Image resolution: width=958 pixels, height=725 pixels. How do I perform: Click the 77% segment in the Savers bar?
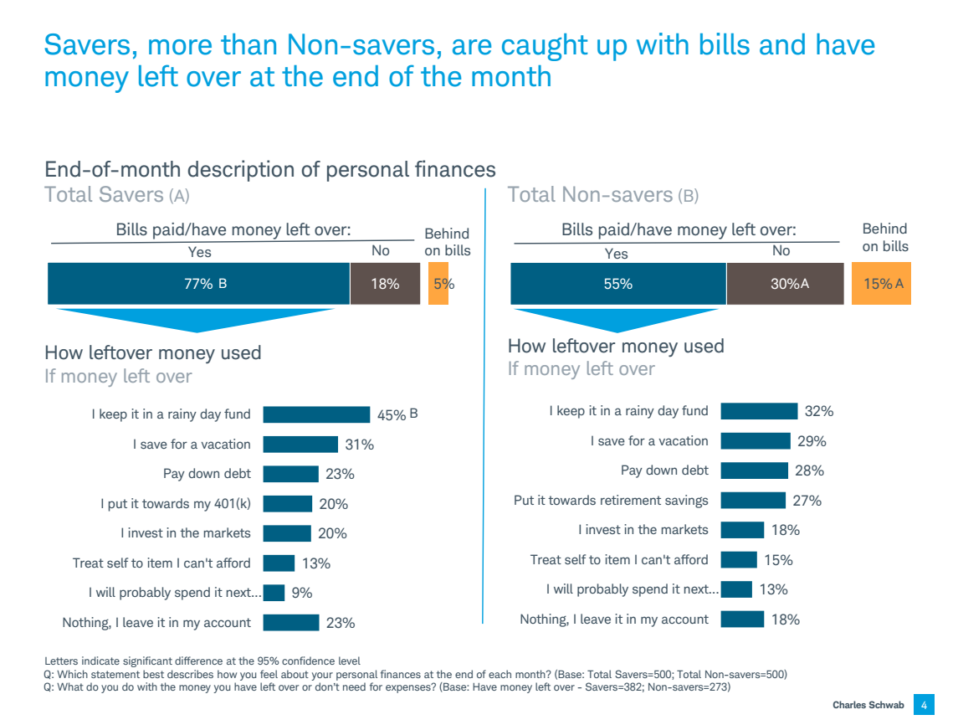pyautogui.click(x=198, y=284)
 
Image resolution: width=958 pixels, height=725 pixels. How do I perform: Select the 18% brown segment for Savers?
pyautogui.click(x=385, y=284)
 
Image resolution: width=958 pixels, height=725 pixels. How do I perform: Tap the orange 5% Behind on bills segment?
pyautogui.click(x=438, y=284)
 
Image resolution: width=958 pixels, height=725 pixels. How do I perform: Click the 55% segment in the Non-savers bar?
pyautogui.click(x=617, y=284)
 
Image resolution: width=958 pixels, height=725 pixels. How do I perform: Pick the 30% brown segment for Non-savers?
pyautogui.click(x=783, y=284)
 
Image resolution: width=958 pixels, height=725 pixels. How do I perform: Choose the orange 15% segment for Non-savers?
pyautogui.click(x=881, y=284)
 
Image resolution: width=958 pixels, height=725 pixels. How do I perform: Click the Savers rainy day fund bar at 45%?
pyautogui.click(x=316, y=414)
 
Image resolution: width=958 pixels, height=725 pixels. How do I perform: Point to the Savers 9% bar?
pyautogui.click(x=274, y=593)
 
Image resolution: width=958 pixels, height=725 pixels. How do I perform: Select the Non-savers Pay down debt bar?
pyautogui.click(x=754, y=470)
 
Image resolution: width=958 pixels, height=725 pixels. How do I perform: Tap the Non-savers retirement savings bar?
pyautogui.click(x=752, y=501)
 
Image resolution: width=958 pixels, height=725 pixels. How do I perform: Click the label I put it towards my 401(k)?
pyautogui.click(x=176, y=504)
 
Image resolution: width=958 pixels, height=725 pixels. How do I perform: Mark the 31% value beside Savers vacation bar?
pyautogui.click(x=360, y=445)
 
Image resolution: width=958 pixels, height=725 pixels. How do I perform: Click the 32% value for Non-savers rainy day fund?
pyautogui.click(x=819, y=411)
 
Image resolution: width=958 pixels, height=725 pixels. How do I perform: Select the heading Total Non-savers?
pyautogui.click(x=590, y=195)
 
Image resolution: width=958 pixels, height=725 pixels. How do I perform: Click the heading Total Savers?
pyautogui.click(x=104, y=195)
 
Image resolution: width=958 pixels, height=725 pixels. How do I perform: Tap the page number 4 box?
pyautogui.click(x=924, y=705)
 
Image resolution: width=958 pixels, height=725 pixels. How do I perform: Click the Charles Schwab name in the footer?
pyautogui.click(x=868, y=705)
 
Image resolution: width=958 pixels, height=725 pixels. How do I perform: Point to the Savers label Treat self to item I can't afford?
pyautogui.click(x=161, y=563)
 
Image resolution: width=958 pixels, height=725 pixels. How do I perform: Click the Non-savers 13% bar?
pyautogui.click(x=736, y=589)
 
